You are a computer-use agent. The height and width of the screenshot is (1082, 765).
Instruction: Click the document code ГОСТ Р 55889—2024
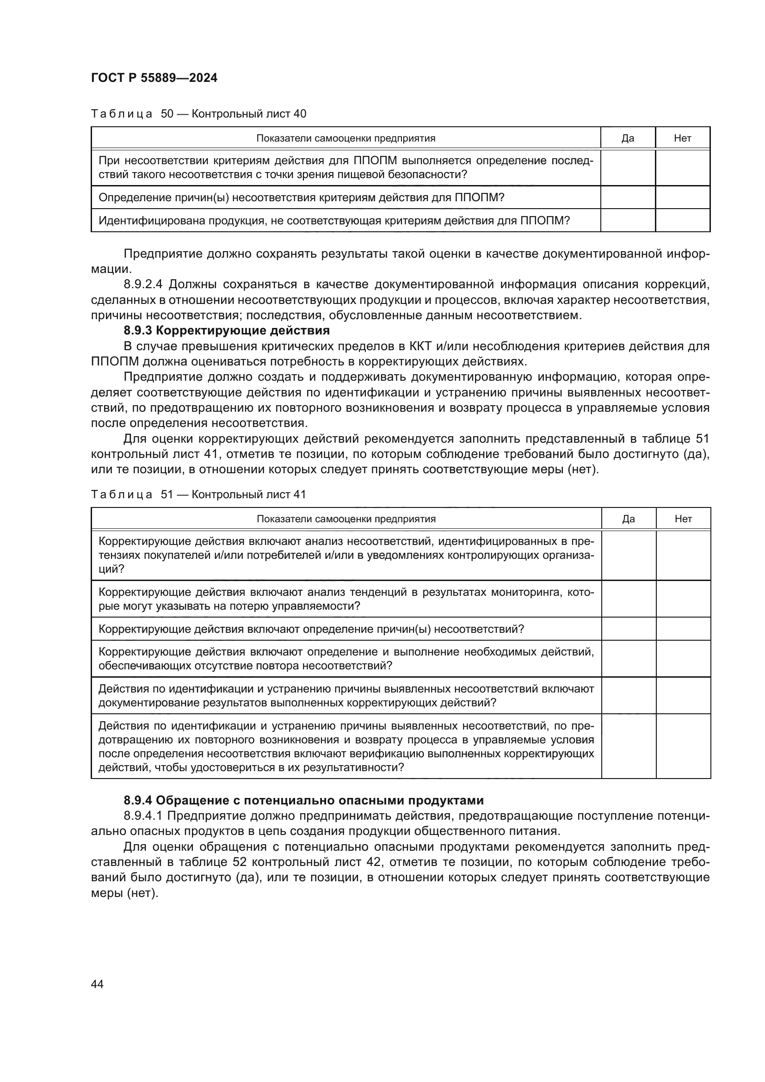pos(154,78)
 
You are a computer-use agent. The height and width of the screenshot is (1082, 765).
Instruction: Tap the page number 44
pos(97,984)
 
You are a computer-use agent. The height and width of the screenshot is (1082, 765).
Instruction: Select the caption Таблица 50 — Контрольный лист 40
pos(198,114)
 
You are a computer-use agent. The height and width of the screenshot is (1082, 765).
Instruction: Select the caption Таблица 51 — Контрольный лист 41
pos(198,495)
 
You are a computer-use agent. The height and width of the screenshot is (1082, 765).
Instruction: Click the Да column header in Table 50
pos(628,138)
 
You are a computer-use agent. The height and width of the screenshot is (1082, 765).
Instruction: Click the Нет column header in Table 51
pos(683,519)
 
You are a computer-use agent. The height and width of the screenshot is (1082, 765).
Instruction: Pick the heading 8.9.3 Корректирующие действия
pos(226,330)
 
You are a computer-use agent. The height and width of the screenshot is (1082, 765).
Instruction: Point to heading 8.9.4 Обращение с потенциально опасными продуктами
pos(303,801)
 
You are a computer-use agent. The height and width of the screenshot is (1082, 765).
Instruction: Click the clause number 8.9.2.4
pos(143,284)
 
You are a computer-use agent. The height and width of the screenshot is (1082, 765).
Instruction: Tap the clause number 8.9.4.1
pos(143,816)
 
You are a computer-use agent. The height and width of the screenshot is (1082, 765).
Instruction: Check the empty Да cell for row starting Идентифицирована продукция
pos(628,221)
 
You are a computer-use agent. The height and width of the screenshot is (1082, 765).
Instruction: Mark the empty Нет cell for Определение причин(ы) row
pos(683,198)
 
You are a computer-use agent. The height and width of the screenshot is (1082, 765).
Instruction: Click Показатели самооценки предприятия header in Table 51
pos(346,519)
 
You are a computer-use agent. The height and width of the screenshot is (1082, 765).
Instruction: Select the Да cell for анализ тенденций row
pos(629,599)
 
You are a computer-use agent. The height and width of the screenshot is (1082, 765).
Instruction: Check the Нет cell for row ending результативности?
pos(683,746)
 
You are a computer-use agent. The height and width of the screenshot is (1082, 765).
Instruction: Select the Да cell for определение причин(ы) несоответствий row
pos(629,629)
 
